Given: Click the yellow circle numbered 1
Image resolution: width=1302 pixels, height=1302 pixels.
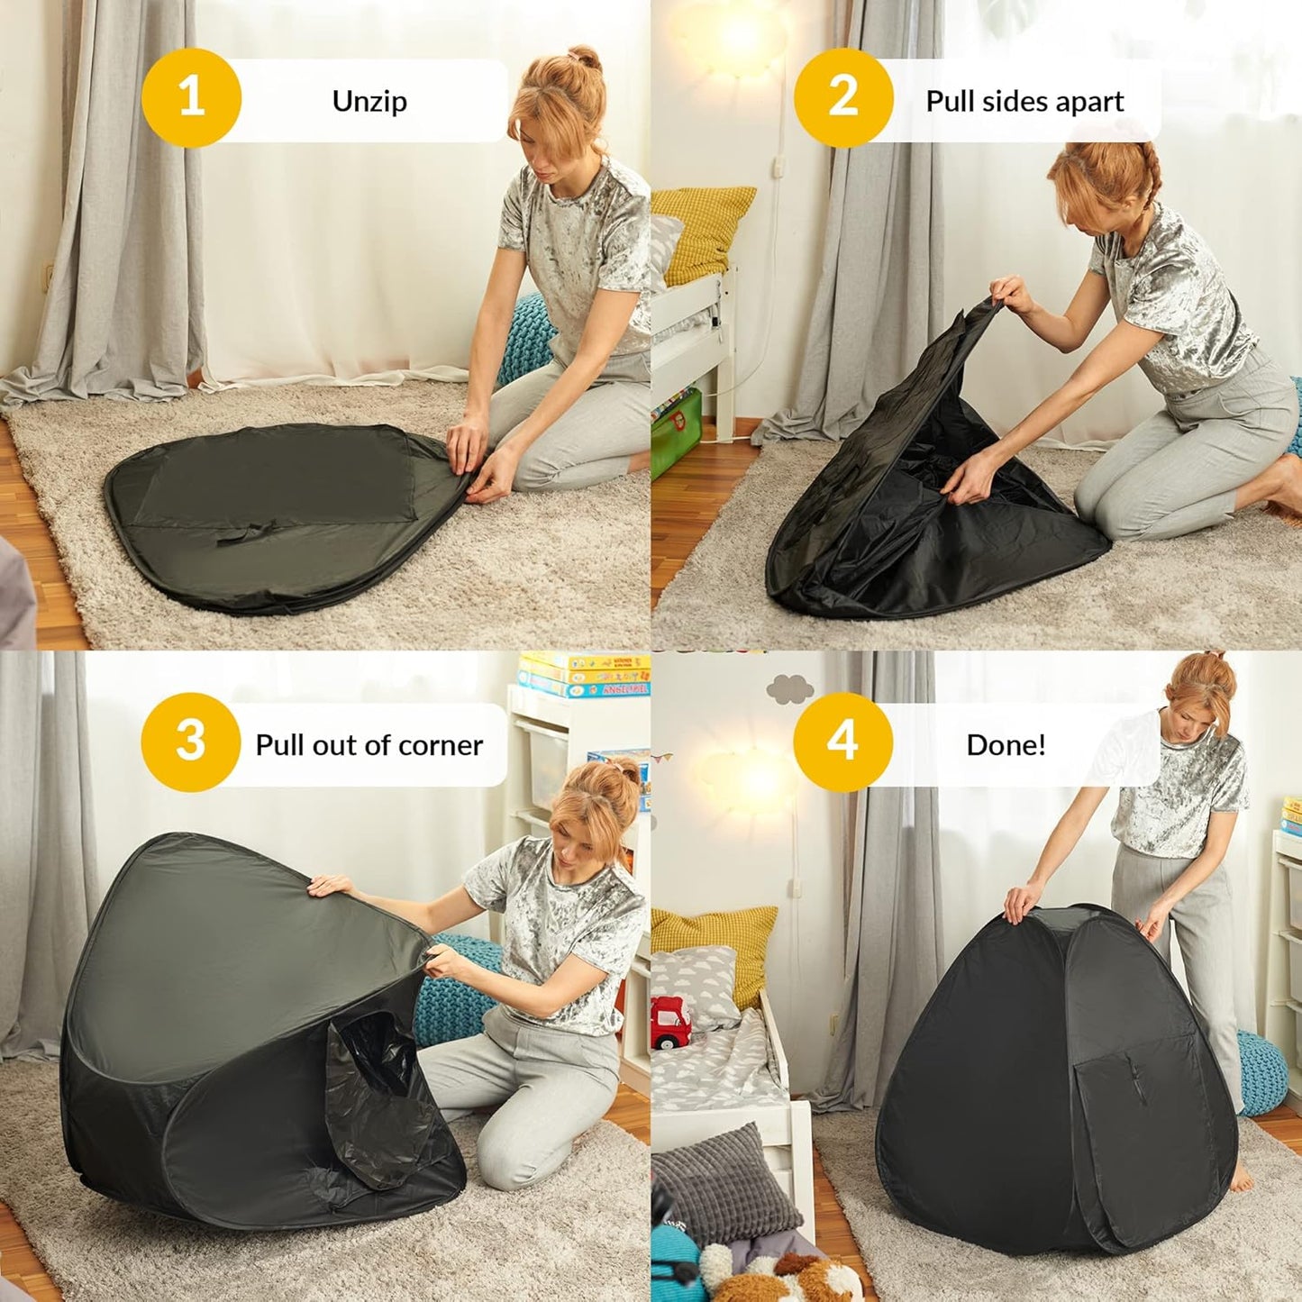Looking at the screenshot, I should click(x=192, y=97).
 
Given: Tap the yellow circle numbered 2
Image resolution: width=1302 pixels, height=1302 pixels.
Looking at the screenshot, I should click(x=842, y=97).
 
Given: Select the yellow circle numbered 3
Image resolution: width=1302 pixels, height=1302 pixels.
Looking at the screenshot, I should click(x=190, y=742).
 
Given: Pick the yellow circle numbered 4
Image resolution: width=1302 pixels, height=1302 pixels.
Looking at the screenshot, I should click(x=842, y=742).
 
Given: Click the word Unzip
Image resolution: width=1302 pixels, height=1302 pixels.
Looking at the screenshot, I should click(x=369, y=101).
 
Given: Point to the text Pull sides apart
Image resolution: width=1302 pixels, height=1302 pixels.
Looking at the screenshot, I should click(x=1024, y=101).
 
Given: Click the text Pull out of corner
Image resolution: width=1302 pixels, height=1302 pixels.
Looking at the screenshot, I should click(x=369, y=745).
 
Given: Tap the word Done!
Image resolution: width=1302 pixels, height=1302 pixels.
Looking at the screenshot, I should click(x=1006, y=745).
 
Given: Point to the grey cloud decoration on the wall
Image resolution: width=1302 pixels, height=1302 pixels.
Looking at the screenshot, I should click(x=789, y=689).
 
